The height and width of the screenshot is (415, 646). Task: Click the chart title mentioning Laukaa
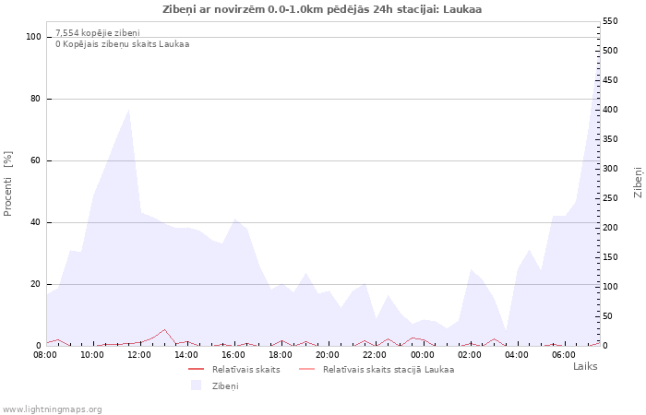pos(322,9)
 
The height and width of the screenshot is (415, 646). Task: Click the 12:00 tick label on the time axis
pos(139,355)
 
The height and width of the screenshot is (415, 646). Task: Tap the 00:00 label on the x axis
pos(423,355)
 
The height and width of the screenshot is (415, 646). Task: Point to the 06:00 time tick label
pos(564,355)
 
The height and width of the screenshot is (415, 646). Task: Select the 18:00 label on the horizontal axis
pos(281,355)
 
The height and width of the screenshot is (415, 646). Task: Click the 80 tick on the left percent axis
pos(35,99)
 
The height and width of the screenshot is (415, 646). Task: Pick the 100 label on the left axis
pos(33,37)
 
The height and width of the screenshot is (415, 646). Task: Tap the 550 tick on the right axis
pos(610,21)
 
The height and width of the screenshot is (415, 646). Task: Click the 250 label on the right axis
pos(610,198)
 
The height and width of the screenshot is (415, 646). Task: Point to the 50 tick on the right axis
pos(608,316)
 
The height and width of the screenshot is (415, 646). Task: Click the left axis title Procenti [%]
pos(7,184)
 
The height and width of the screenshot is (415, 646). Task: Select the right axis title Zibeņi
pos(638,183)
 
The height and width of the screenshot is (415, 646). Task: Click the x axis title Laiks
pos(585,366)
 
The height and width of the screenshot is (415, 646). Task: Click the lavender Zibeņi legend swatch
pos(196,385)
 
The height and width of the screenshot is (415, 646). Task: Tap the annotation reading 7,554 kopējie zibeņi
pos(98,33)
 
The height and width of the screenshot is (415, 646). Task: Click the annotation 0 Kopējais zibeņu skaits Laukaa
pos(123,44)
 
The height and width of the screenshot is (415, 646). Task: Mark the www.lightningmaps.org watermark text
pos(52,409)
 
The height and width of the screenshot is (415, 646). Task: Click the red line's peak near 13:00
pos(164,329)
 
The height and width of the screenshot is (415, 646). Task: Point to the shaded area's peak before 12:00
pos(129,110)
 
